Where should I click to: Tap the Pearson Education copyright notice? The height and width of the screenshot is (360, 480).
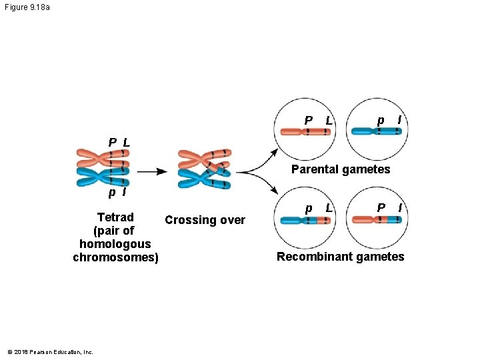tap(50, 352)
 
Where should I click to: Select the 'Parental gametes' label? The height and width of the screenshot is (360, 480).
tap(341, 169)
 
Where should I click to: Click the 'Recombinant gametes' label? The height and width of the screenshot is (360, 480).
tap(340, 257)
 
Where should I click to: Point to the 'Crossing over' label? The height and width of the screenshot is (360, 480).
tap(205, 220)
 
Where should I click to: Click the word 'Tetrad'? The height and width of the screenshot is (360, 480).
tap(115, 217)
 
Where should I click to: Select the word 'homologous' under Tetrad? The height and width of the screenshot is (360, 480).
tap(115, 244)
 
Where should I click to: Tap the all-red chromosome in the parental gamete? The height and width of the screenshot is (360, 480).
tap(305, 131)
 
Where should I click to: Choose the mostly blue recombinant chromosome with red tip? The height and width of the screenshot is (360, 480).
tap(305, 219)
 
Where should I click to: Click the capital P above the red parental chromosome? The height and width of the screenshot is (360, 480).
tap(308, 121)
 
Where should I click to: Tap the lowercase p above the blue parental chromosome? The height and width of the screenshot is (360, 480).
tap(380, 120)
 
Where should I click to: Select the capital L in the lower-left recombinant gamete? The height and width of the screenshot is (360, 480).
tap(329, 208)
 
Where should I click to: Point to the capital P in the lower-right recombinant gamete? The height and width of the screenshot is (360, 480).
tap(381, 208)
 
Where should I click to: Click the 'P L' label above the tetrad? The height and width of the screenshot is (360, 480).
tap(119, 143)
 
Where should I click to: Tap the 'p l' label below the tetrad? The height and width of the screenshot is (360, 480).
tap(118, 193)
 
